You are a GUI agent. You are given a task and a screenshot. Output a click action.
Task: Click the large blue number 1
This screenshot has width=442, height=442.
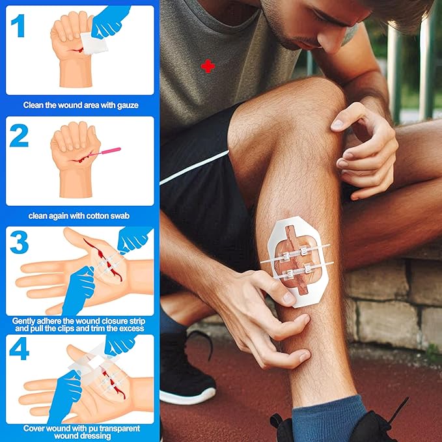pos(19,25)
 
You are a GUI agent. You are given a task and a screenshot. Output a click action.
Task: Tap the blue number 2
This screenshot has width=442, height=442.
pos(19,135)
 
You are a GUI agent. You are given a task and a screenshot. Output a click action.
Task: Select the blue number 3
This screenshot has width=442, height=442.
pos(19,242)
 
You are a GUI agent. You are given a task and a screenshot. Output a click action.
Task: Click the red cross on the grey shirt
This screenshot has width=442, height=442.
pos(208,66)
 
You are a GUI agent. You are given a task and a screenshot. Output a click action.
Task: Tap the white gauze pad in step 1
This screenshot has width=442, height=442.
pos(94,44)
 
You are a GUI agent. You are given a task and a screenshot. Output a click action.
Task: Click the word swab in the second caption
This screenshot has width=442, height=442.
pos(120,216)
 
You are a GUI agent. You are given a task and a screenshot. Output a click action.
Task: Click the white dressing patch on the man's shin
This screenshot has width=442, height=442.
pos(297,261)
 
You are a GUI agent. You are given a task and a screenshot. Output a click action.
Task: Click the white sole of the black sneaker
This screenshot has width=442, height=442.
pos(188,395)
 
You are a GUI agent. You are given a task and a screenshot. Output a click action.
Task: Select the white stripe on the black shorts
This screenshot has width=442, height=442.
pos(194,167)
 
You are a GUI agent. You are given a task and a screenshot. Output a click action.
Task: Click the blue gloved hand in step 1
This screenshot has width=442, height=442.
pos(110,21)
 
